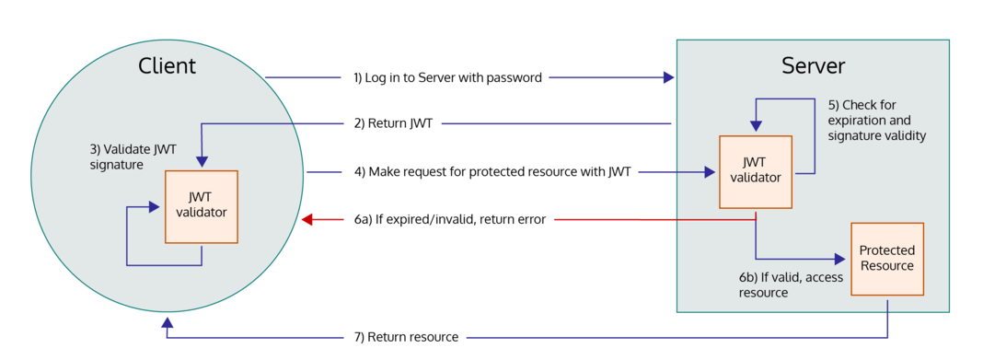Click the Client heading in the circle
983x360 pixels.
tap(167, 65)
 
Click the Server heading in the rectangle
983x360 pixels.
tap(813, 65)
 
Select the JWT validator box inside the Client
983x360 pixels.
tap(202, 206)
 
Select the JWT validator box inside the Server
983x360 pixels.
tap(756, 171)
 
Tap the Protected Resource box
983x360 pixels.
tap(886, 259)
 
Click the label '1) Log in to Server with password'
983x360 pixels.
tap(447, 77)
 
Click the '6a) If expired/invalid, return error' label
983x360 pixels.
tap(450, 219)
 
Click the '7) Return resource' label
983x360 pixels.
tap(406, 337)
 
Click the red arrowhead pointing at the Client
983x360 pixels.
tap(308, 219)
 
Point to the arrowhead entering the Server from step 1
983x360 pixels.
tap(669, 77)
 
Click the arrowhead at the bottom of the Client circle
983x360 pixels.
tap(167, 323)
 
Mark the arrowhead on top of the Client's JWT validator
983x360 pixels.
tap(202, 164)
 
